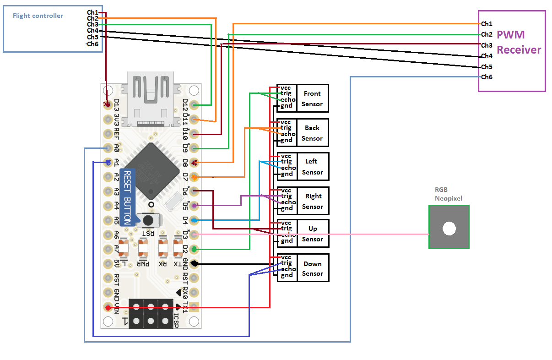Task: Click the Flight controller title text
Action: pyautogui.click(x=38, y=16)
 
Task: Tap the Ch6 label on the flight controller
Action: pyautogui.click(x=92, y=44)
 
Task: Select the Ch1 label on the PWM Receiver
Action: pyautogui.click(x=487, y=24)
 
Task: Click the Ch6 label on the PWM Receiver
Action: pyautogui.click(x=487, y=77)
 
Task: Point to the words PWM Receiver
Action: pyautogui.click(x=519, y=42)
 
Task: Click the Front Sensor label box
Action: pyautogui.click(x=312, y=98)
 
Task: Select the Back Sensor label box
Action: pyautogui.click(x=312, y=133)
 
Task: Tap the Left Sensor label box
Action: pyautogui.click(x=312, y=167)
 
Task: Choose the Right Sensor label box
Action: pyautogui.click(x=313, y=201)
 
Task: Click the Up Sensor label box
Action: pyautogui.click(x=313, y=234)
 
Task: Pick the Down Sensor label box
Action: pyautogui.click(x=313, y=268)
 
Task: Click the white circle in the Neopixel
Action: pyautogui.click(x=449, y=229)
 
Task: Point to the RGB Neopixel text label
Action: pyautogui.click(x=448, y=194)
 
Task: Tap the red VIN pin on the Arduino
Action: pyautogui.click(x=108, y=308)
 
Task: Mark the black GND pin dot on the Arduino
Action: pyautogui.click(x=194, y=264)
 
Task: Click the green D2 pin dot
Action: pyautogui.click(x=194, y=249)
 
